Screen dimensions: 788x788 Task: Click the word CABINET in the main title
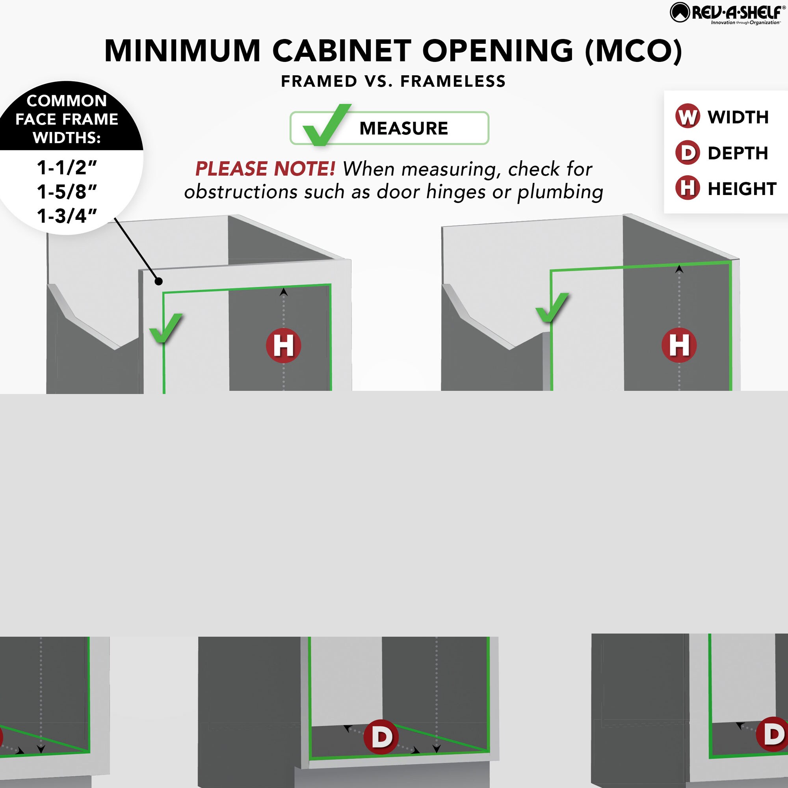coord(342,51)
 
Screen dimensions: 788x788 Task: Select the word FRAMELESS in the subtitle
coord(453,81)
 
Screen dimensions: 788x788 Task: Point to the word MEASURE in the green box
coord(404,128)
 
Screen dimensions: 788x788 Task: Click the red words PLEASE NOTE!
coord(265,169)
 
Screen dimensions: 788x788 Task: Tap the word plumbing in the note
coord(560,192)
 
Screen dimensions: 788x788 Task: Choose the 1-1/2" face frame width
coord(67,167)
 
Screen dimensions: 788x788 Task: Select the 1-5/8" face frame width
coord(67,191)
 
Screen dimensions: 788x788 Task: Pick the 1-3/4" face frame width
coord(67,216)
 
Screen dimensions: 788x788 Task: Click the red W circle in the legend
coord(688,116)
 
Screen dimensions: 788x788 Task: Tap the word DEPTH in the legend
coord(738,153)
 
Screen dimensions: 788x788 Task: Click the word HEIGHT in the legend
coord(742,188)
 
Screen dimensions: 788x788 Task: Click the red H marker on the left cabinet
coord(283,346)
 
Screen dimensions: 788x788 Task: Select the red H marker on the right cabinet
coord(679,345)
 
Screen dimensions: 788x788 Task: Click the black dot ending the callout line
coord(159,281)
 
